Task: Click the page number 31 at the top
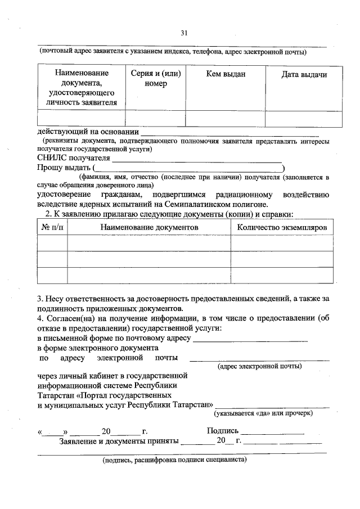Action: pos(183,33)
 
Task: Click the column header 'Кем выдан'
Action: pos(226,74)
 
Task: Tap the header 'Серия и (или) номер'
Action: pos(155,79)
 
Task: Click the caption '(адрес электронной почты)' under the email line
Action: pos(259,367)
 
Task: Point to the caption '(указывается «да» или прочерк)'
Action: pos(263,413)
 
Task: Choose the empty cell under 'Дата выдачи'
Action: pos(304,119)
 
